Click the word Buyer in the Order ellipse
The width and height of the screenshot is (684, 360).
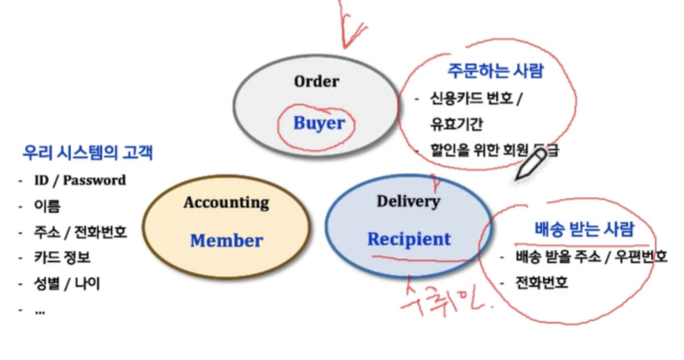point(318,123)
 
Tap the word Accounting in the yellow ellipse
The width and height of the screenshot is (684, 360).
point(226,202)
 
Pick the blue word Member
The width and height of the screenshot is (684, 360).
point(226,241)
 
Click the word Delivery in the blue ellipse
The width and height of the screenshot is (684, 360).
point(408,201)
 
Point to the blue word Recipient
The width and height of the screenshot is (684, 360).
point(409,239)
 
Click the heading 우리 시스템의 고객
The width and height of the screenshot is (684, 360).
point(87,153)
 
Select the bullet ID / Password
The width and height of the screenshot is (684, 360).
point(79,180)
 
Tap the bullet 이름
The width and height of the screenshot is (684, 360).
point(47,206)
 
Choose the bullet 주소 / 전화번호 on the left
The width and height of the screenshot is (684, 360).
point(80,232)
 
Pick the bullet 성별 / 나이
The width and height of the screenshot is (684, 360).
point(67,284)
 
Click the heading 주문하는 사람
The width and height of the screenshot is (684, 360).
point(495,70)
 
